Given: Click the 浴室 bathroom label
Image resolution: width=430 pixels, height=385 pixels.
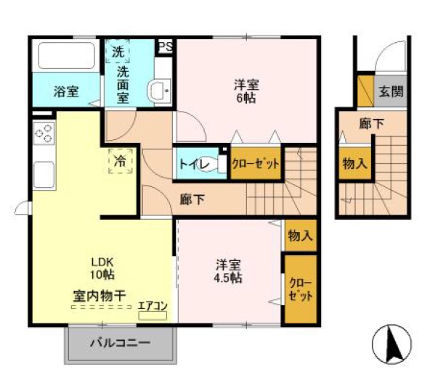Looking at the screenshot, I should pyautogui.click(x=65, y=92).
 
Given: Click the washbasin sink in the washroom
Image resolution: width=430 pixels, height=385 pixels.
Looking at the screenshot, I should pyautogui.click(x=160, y=91).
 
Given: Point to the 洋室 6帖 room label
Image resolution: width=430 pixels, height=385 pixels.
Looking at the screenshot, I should pyautogui.click(x=244, y=91).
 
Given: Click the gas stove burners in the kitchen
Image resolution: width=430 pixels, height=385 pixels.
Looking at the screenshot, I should pyautogui.click(x=44, y=133).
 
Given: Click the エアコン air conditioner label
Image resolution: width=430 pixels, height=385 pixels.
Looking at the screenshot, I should pyautogui.click(x=153, y=306).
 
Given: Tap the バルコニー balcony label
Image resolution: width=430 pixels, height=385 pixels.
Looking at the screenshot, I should pyautogui.click(x=121, y=344).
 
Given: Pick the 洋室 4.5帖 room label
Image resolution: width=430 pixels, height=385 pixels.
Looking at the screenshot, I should pyautogui.click(x=228, y=270).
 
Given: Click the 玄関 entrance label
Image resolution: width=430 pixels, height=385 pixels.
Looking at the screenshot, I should pyautogui.click(x=390, y=92).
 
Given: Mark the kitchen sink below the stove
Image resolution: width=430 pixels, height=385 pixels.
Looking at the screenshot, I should pyautogui.click(x=43, y=174).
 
